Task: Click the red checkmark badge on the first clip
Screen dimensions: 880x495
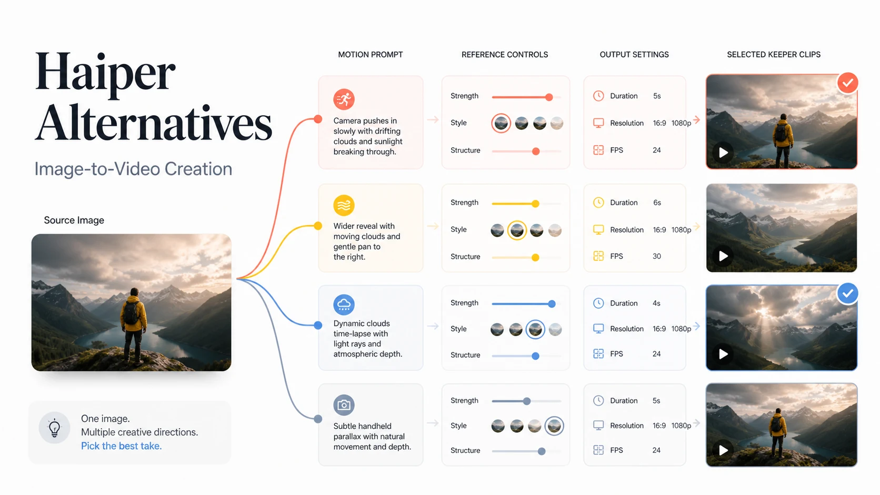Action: click(x=847, y=83)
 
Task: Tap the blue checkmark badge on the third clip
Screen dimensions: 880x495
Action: click(x=847, y=293)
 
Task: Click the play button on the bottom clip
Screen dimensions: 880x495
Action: click(x=723, y=450)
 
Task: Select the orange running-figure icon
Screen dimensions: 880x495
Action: click(x=344, y=99)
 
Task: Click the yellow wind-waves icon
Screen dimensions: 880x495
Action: click(x=344, y=205)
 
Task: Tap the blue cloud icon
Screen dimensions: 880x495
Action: click(x=344, y=305)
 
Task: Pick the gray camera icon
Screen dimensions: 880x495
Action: click(x=344, y=405)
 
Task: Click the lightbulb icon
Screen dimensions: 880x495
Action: click(x=54, y=428)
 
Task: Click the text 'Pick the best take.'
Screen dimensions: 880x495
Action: click(x=122, y=446)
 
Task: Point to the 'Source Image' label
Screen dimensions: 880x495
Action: click(x=74, y=220)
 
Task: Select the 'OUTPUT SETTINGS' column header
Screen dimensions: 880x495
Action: click(x=634, y=55)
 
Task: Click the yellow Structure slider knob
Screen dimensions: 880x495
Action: click(x=535, y=258)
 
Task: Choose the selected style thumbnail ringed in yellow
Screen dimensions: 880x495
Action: click(x=517, y=230)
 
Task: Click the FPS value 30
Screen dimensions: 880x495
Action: click(x=656, y=256)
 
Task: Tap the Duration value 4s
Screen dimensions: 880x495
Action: click(x=656, y=304)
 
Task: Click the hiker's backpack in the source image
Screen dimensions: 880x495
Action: click(x=131, y=313)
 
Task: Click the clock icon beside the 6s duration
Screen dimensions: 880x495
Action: click(x=598, y=203)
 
